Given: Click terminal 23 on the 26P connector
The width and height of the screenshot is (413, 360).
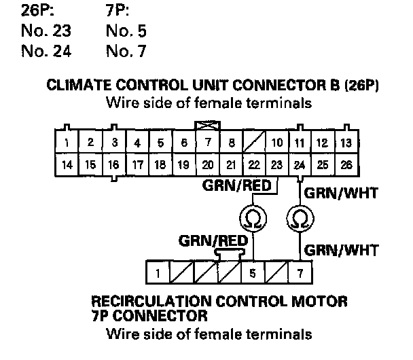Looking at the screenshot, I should (277, 164).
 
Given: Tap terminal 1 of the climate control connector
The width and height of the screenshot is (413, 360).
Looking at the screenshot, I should (67, 143).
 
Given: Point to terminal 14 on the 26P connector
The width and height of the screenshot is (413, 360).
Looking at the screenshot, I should (67, 164).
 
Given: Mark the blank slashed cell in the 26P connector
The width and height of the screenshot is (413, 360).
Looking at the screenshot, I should (254, 143).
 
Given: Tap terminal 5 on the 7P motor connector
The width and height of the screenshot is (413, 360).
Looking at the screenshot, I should (253, 274).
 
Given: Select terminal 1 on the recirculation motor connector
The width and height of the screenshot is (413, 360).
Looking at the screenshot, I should (158, 274).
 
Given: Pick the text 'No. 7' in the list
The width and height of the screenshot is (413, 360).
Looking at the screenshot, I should (126, 51).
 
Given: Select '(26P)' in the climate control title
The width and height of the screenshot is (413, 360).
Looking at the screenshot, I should (360, 87).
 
